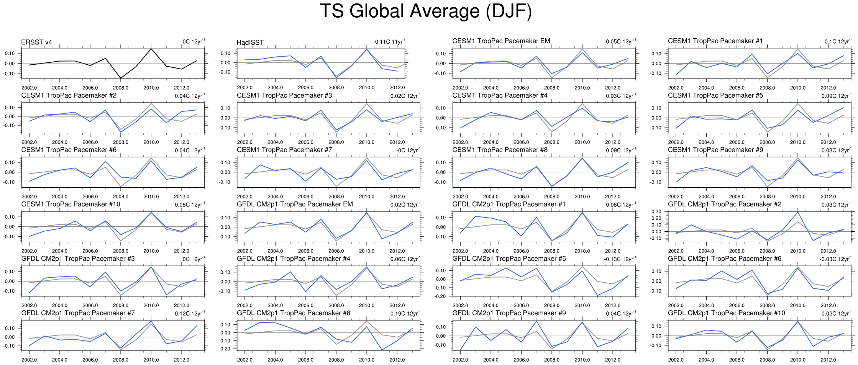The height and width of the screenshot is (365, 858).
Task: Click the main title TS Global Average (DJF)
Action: point(426,11)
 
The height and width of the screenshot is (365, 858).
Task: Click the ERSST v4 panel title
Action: point(36,42)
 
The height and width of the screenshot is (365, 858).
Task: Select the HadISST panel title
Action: point(250,43)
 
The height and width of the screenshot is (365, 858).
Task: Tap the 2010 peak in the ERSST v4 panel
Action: point(151,49)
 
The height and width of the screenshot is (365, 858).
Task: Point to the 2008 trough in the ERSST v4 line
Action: point(121,78)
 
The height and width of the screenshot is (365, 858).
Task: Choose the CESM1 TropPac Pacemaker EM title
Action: point(501,41)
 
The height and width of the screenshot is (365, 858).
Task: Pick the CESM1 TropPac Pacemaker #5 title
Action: point(715,95)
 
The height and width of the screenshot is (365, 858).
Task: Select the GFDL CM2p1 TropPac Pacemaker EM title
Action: point(295,204)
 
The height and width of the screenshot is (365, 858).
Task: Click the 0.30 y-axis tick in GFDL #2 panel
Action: point(656,212)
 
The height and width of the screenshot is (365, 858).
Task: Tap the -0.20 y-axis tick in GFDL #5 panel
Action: point(441,296)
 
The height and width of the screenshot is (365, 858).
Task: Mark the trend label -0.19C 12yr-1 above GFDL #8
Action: point(404,314)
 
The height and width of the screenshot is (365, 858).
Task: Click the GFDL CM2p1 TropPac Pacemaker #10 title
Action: point(726,313)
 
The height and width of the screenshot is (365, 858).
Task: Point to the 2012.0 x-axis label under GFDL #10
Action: point(828,360)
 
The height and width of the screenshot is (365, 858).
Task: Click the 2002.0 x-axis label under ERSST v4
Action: point(29,88)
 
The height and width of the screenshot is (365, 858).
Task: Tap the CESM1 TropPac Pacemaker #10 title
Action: point(71,204)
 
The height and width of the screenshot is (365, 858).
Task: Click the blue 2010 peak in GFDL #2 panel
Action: point(798,212)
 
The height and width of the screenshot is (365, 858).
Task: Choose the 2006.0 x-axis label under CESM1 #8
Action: point(521,196)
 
